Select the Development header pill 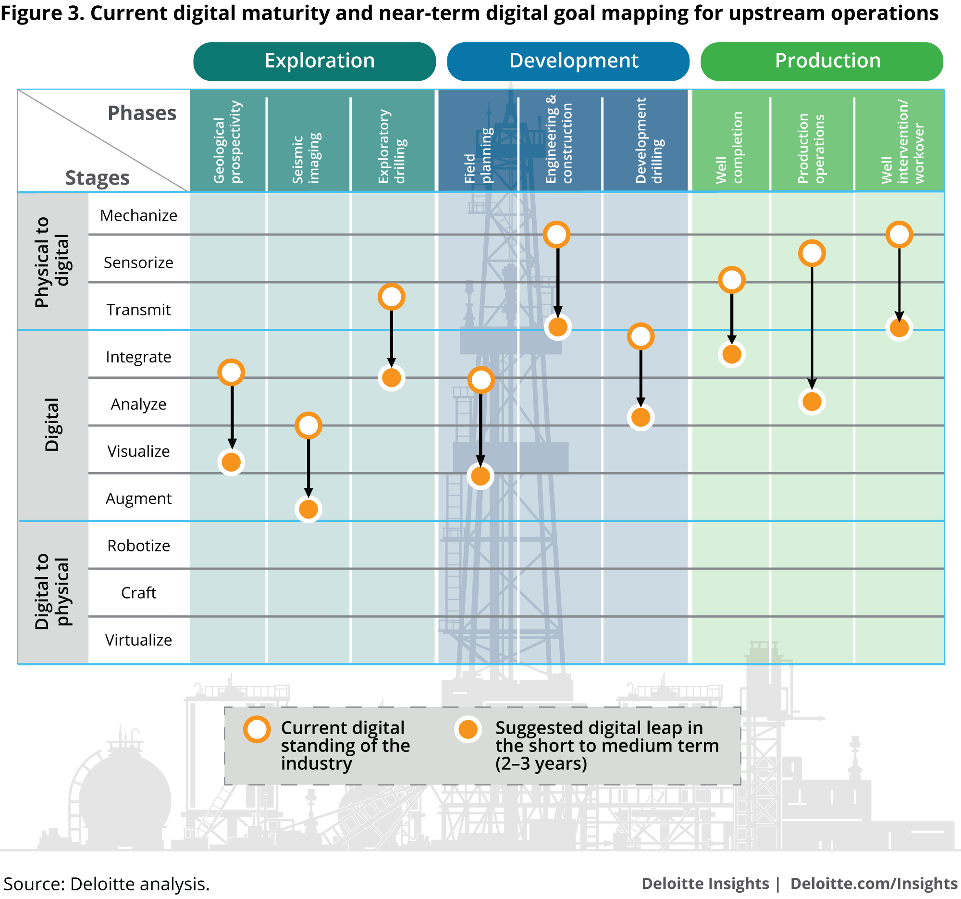click(568, 62)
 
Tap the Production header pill click(822, 62)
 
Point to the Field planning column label click(478, 155)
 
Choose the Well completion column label click(729, 148)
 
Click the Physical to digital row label click(52, 262)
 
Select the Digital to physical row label click(52, 591)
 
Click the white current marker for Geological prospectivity click(231, 373)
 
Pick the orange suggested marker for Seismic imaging click(308, 509)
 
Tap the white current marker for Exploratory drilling click(392, 297)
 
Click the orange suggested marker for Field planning click(480, 476)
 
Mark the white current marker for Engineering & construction click(557, 235)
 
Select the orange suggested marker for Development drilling click(641, 417)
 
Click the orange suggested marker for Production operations click(812, 401)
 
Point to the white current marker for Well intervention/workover click(899, 235)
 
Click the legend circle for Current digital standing click(257, 729)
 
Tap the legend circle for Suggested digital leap click(468, 729)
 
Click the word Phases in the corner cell click(142, 113)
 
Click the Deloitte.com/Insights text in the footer click(874, 884)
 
